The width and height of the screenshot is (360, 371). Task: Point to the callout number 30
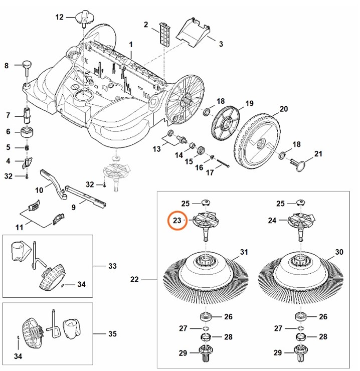click(x=339, y=252)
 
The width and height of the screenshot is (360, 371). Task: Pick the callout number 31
click(x=244, y=252)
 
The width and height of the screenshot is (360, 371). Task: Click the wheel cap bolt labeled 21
click(x=300, y=164)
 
